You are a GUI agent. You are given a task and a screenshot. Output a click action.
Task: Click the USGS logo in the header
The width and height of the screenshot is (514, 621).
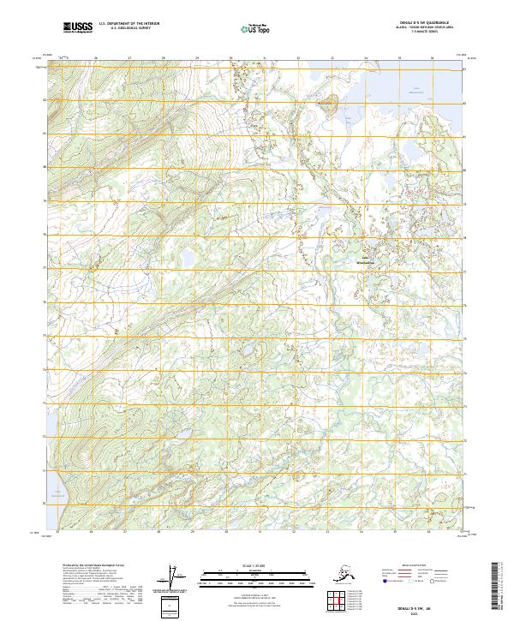78,29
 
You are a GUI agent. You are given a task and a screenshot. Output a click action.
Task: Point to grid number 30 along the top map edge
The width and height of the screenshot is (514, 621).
230,58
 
